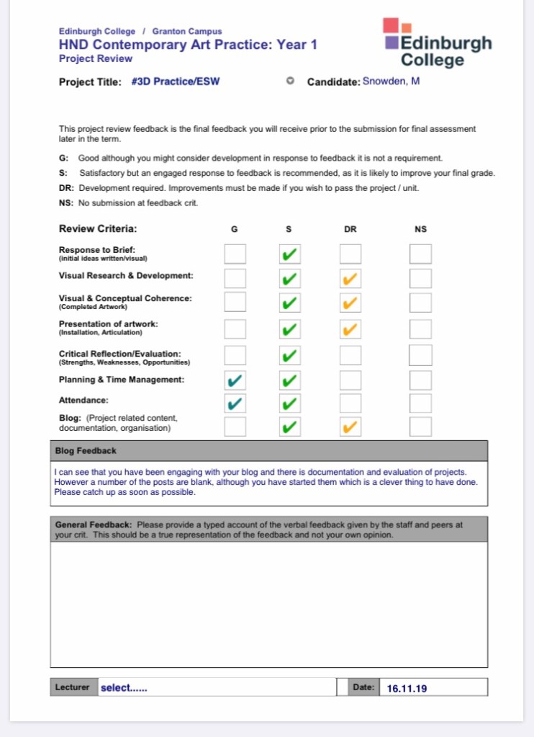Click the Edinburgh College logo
(438, 43)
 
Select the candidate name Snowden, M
(391, 81)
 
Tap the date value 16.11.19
(407, 688)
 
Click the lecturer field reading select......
(124, 687)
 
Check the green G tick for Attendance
(235, 403)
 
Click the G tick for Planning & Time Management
(235, 380)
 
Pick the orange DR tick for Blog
(350, 427)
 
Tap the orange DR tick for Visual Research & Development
(350, 279)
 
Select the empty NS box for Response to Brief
(420, 254)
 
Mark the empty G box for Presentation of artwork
(235, 329)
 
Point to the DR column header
(350, 229)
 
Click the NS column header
(420, 229)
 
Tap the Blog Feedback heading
(86, 451)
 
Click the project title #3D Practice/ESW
(176, 81)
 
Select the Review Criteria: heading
(98, 229)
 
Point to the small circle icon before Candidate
(290, 81)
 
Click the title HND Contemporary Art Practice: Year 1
(188, 45)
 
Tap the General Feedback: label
(94, 524)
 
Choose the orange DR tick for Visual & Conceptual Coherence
(350, 303)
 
